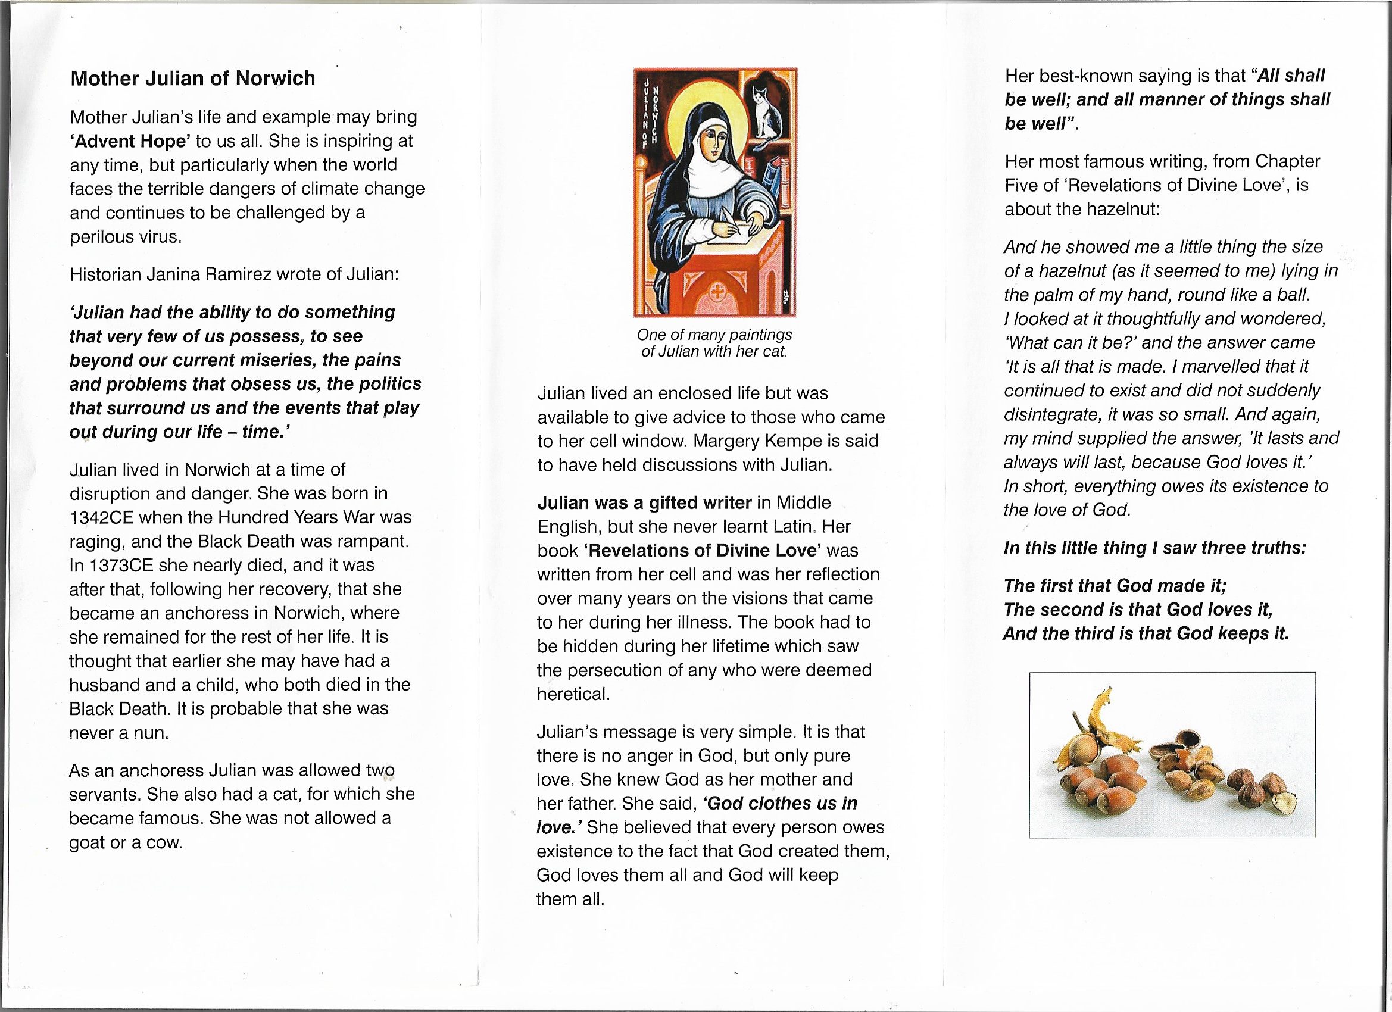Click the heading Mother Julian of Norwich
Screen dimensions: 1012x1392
tap(193, 79)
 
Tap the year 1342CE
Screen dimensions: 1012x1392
tap(101, 518)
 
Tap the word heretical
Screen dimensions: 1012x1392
tap(573, 694)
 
